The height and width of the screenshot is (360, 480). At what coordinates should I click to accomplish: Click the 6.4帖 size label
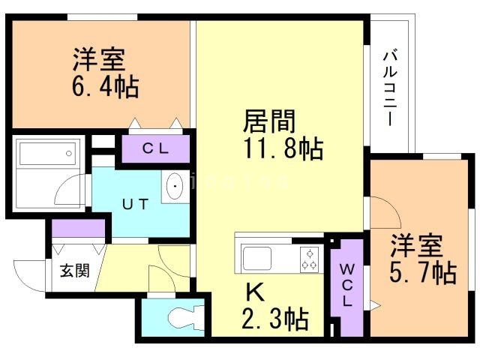click(104, 87)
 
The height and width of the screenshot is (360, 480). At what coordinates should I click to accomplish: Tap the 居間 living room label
click(269, 120)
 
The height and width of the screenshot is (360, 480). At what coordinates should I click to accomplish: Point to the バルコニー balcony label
click(390, 86)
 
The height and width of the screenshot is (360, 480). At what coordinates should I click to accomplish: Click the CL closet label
click(156, 148)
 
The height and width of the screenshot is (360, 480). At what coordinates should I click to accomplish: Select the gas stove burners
click(310, 259)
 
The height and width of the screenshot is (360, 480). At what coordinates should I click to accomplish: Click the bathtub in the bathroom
click(47, 155)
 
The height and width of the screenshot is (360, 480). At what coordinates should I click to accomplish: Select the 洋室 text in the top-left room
click(98, 58)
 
